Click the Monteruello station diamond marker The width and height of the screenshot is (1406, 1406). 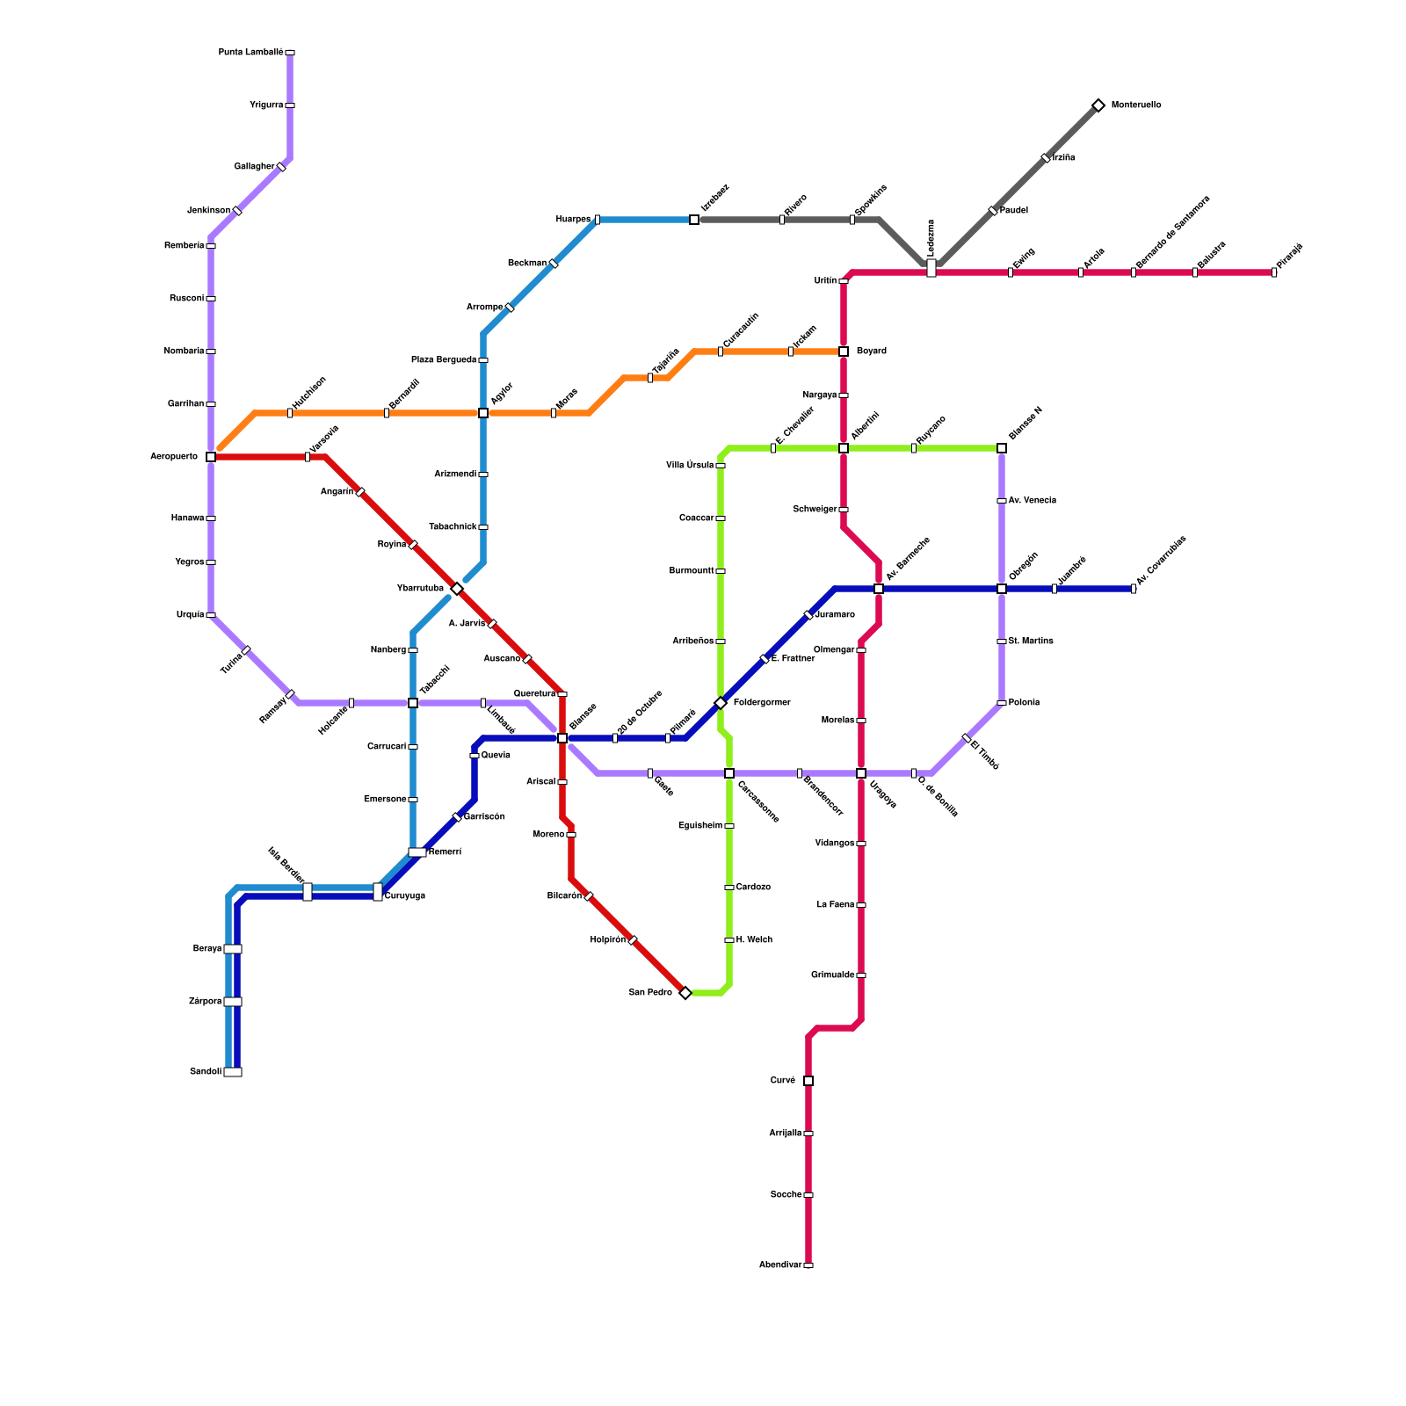point(1098,105)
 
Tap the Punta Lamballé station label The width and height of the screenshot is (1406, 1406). point(250,53)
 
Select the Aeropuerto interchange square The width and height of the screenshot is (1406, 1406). point(211,457)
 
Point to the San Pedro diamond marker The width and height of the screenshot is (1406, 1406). point(685,993)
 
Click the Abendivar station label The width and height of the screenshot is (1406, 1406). point(780,1265)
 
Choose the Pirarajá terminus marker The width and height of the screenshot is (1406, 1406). point(1274,272)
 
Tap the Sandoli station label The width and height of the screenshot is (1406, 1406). point(206,1072)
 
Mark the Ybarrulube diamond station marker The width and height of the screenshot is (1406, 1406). point(457,589)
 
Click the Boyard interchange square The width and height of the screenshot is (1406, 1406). point(844,351)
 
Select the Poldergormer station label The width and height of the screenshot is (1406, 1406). point(762,703)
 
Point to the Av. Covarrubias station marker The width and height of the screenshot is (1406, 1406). point(1134,589)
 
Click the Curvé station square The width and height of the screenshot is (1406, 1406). point(808,1081)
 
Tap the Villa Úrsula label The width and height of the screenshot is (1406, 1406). point(690,466)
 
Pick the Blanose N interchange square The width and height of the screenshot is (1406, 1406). point(1002,448)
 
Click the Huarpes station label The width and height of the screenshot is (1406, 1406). point(573,220)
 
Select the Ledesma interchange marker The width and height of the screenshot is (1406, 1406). point(931,268)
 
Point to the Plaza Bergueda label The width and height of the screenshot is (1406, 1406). point(444,360)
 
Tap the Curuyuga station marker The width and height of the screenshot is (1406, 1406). point(378,892)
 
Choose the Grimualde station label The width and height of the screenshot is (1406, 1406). point(833,975)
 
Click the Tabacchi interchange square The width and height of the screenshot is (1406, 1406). point(413,703)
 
